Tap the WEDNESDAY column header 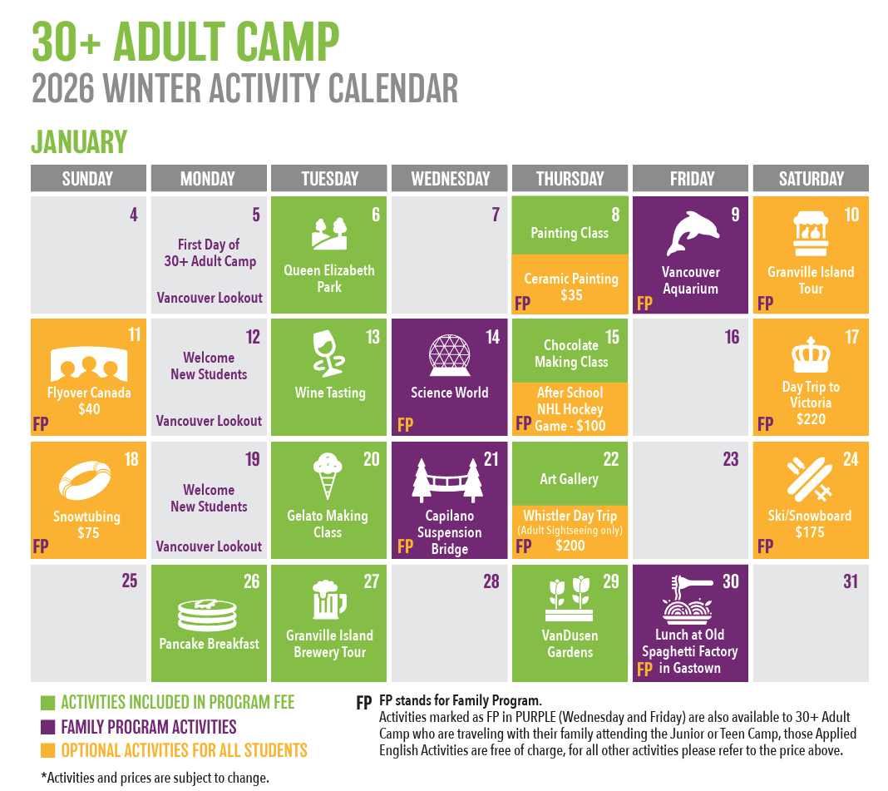coord(450,179)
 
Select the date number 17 coord(851,337)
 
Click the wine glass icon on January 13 coord(328,353)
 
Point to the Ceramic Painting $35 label coord(571,287)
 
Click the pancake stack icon coord(207,615)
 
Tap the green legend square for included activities coord(47,703)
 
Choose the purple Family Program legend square coord(47,727)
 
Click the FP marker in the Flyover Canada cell coord(41,424)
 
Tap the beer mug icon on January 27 coord(329,600)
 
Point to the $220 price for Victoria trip coord(811,419)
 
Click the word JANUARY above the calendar coord(79,141)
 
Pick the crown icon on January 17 coord(811,355)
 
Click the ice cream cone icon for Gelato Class coord(328,476)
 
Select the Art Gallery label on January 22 coord(570,479)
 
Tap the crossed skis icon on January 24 coord(810,479)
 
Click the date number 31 coord(851,581)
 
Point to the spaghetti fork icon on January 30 coord(688,600)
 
